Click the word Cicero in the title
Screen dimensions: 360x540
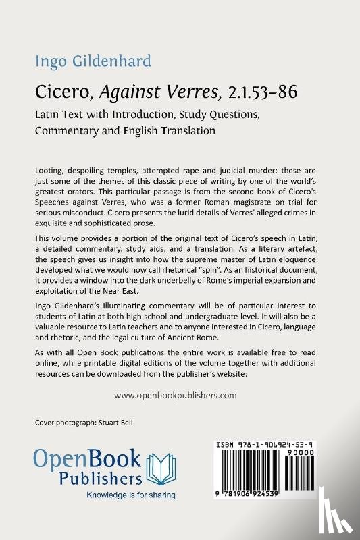[57, 92]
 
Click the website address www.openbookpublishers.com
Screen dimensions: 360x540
[176, 396]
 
